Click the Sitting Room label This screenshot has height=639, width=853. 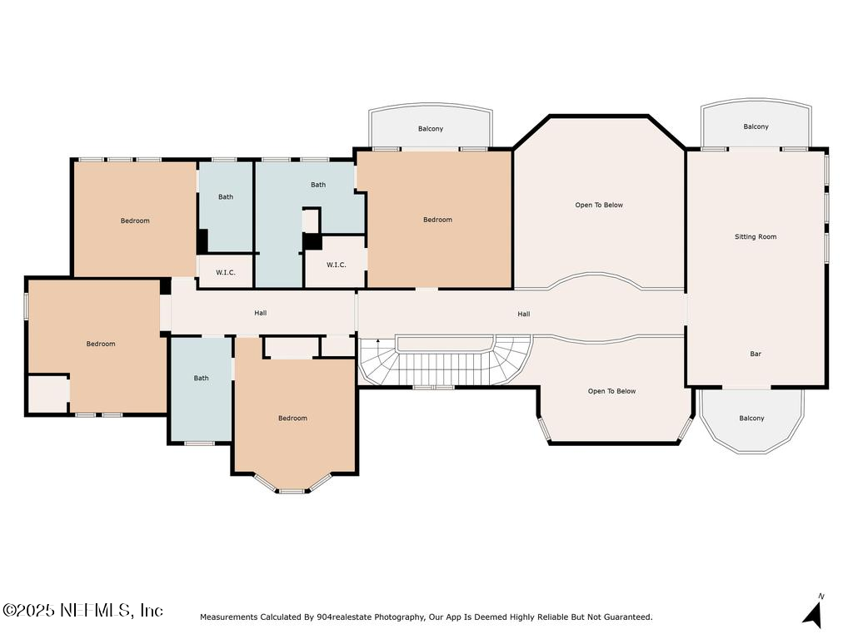[755, 237]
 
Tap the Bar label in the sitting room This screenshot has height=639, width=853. [755, 354]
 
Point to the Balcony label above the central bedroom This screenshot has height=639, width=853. [431, 129]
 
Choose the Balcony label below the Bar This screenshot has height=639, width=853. [751, 419]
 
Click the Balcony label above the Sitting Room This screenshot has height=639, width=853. [756, 127]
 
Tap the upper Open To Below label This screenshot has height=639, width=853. [599, 206]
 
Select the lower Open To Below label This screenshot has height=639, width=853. [611, 391]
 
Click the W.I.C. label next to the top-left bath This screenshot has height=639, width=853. [225, 272]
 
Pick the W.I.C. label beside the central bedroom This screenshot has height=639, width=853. [336, 265]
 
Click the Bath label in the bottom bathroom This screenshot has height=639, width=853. [202, 379]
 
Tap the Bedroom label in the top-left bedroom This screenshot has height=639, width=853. [135, 220]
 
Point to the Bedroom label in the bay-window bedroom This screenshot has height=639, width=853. [292, 419]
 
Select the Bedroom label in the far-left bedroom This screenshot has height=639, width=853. [101, 344]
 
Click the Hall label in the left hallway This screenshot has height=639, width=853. [261, 313]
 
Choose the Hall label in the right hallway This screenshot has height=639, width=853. [523, 315]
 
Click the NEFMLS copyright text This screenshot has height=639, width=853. [82, 610]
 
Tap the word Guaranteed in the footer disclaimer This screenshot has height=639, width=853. [627, 617]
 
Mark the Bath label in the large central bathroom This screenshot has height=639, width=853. [318, 185]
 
